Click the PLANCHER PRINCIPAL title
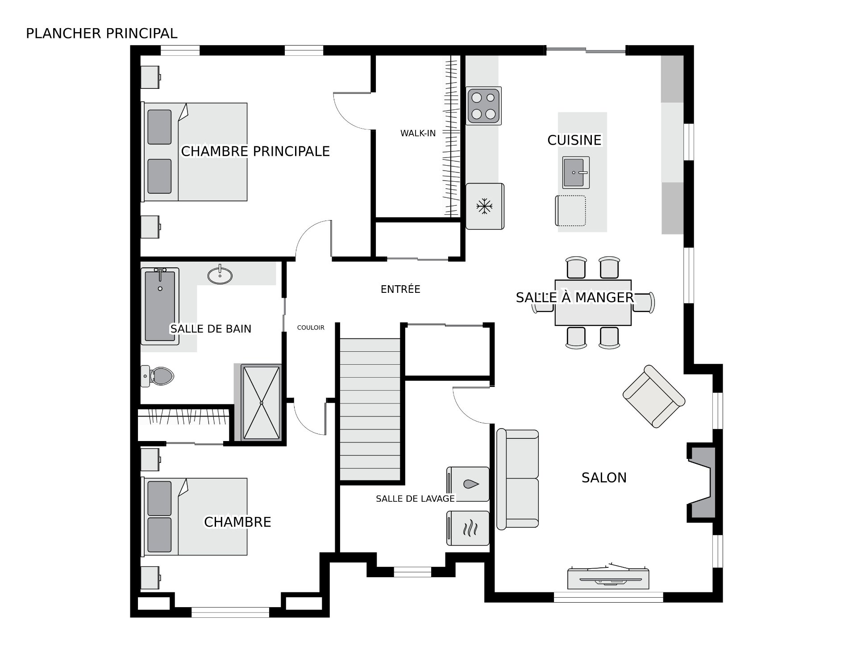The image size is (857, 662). (102, 33)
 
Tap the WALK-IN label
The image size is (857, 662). (418, 133)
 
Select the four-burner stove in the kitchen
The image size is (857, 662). (484, 106)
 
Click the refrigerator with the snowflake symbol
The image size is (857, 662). (485, 206)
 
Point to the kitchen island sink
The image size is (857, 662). (576, 172)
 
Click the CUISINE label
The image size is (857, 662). (574, 140)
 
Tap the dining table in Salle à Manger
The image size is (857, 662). (593, 303)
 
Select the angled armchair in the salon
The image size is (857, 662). (654, 396)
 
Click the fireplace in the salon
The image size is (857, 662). (702, 482)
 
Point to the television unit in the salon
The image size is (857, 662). (608, 578)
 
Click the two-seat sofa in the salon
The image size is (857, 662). (518, 479)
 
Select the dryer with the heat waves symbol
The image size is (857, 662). (468, 528)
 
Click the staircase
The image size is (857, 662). (370, 409)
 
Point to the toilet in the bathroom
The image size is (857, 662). (157, 376)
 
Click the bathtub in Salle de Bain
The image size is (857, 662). (160, 306)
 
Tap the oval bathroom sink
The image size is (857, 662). (220, 275)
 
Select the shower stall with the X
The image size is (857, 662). (261, 403)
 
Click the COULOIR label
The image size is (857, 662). (311, 328)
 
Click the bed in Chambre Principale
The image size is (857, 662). (194, 152)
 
